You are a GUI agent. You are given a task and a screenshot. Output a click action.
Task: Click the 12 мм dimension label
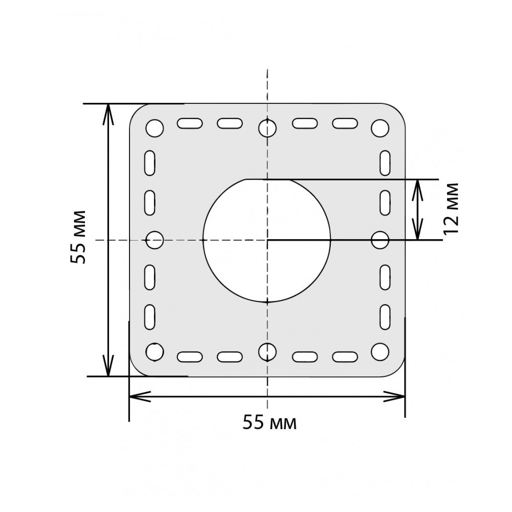point(451,208)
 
